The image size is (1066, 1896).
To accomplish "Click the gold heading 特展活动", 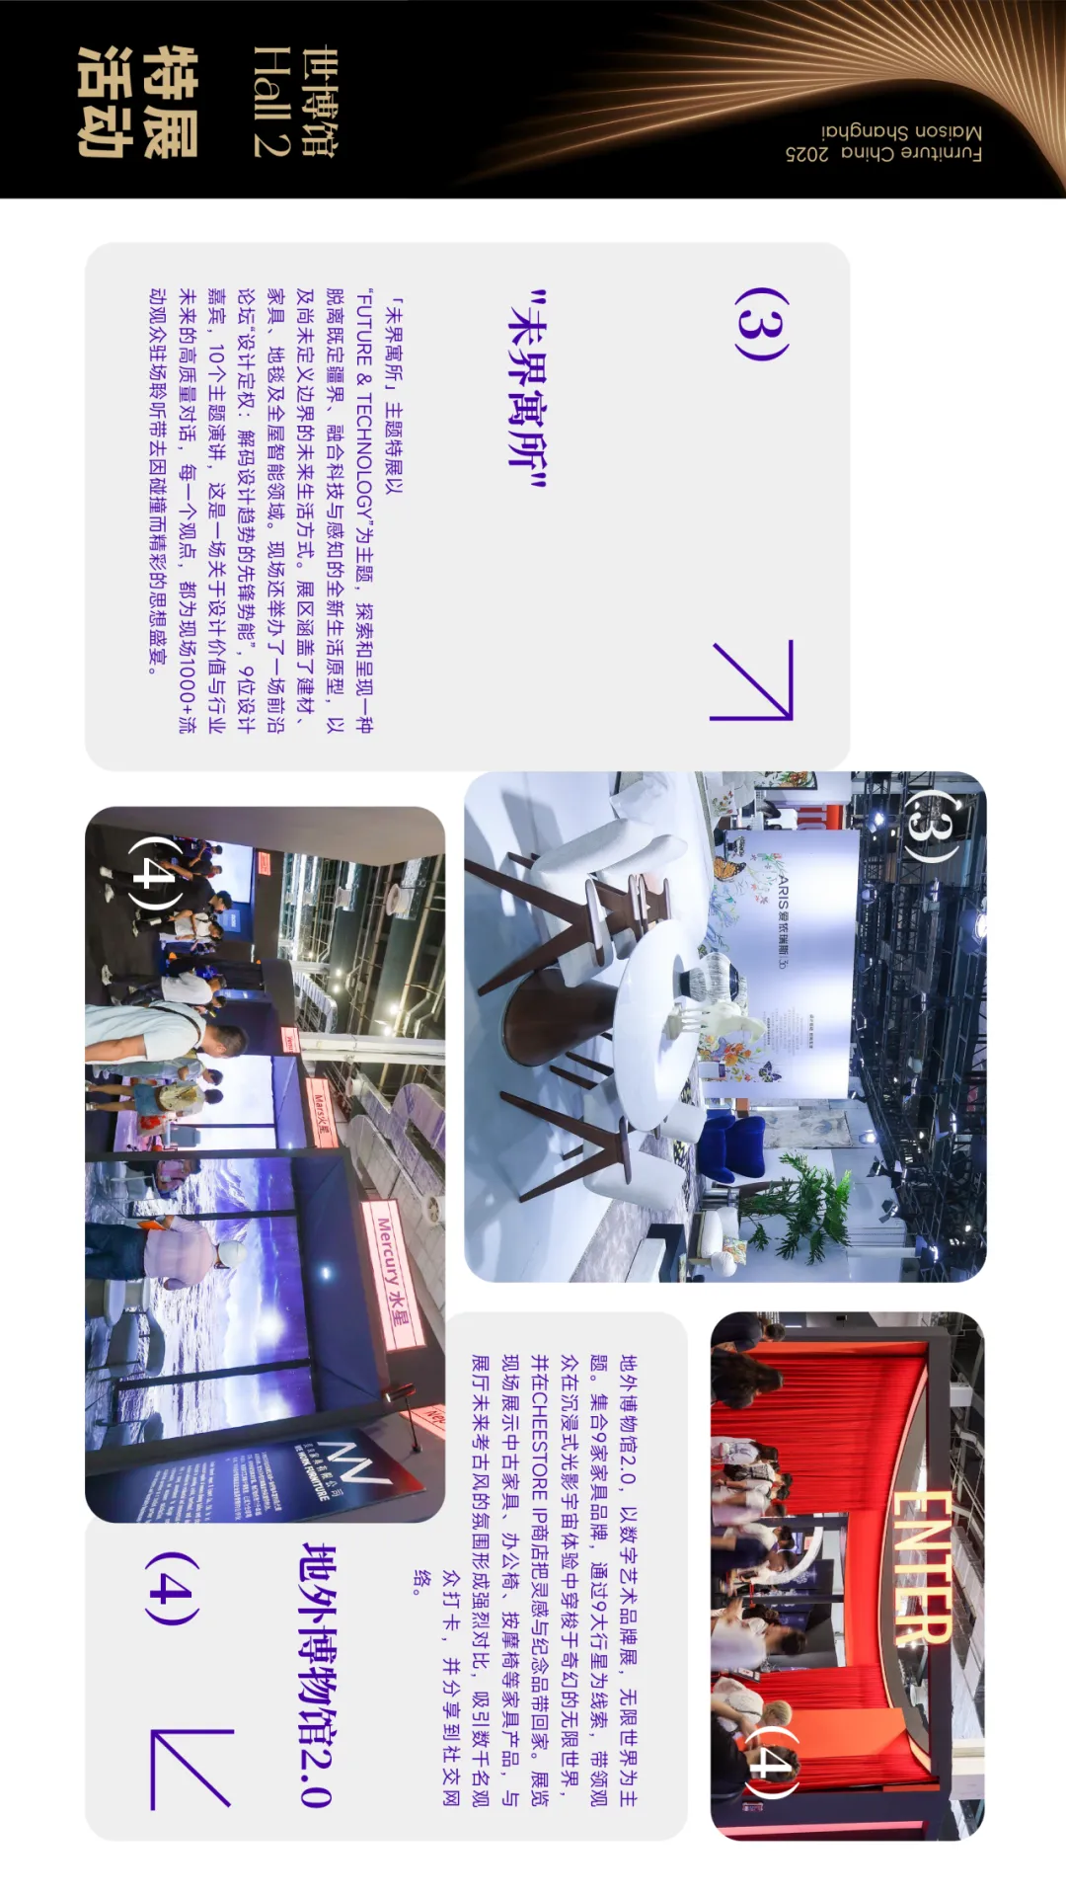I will (138, 101).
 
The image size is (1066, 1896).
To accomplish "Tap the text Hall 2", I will (270, 101).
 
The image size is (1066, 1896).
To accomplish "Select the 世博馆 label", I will (318, 102).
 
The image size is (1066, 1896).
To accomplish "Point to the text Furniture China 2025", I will (883, 153).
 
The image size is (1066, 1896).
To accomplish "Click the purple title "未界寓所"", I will (526, 391).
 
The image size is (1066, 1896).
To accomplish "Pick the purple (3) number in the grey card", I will (761, 324).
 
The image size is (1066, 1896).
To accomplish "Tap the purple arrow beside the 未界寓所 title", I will (752, 680).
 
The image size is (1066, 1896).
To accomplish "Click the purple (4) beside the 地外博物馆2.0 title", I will (173, 1589).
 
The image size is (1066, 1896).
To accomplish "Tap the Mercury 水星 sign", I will (395, 1274).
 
